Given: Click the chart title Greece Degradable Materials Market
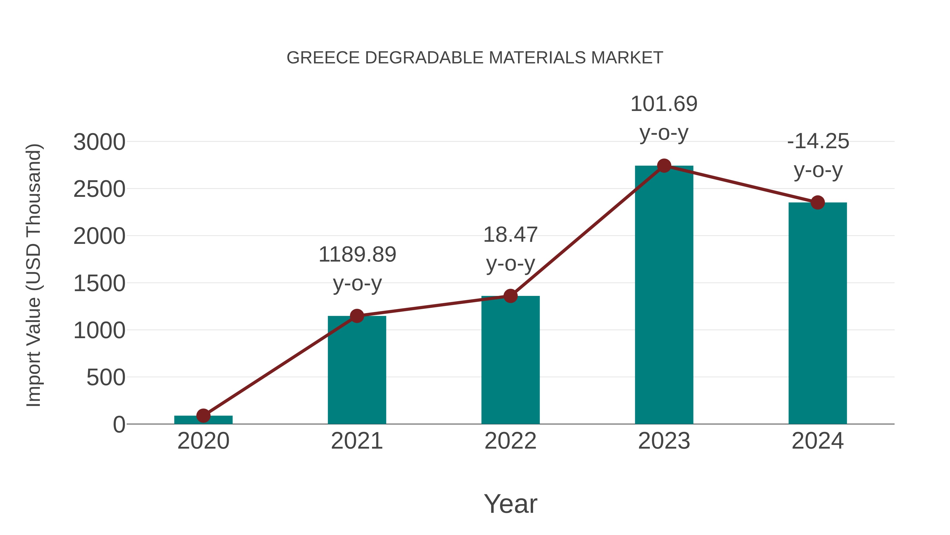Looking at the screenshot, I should (475, 58).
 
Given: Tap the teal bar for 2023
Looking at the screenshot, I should (664, 295).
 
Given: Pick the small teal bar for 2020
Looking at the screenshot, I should (203, 420).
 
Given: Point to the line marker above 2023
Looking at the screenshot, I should (664, 166).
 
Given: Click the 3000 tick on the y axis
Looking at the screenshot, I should (99, 142).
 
